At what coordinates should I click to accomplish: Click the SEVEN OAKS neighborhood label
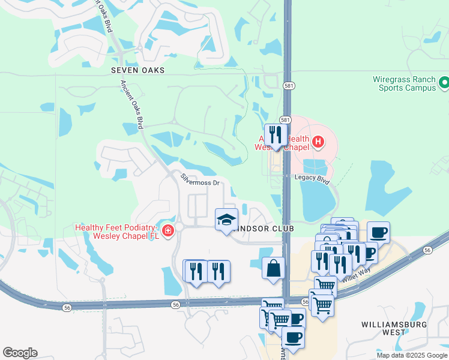click(x=137, y=70)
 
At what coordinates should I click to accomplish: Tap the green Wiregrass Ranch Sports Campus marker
click(x=444, y=82)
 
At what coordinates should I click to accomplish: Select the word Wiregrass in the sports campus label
click(x=393, y=79)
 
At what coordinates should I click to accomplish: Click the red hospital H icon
click(x=318, y=142)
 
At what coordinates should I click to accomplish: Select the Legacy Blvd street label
click(x=312, y=178)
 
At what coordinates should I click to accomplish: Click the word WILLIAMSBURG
click(x=393, y=325)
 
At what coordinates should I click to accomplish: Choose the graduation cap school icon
click(x=226, y=220)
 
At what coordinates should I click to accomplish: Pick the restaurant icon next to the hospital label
click(x=276, y=134)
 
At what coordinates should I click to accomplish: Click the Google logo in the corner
click(x=20, y=353)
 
